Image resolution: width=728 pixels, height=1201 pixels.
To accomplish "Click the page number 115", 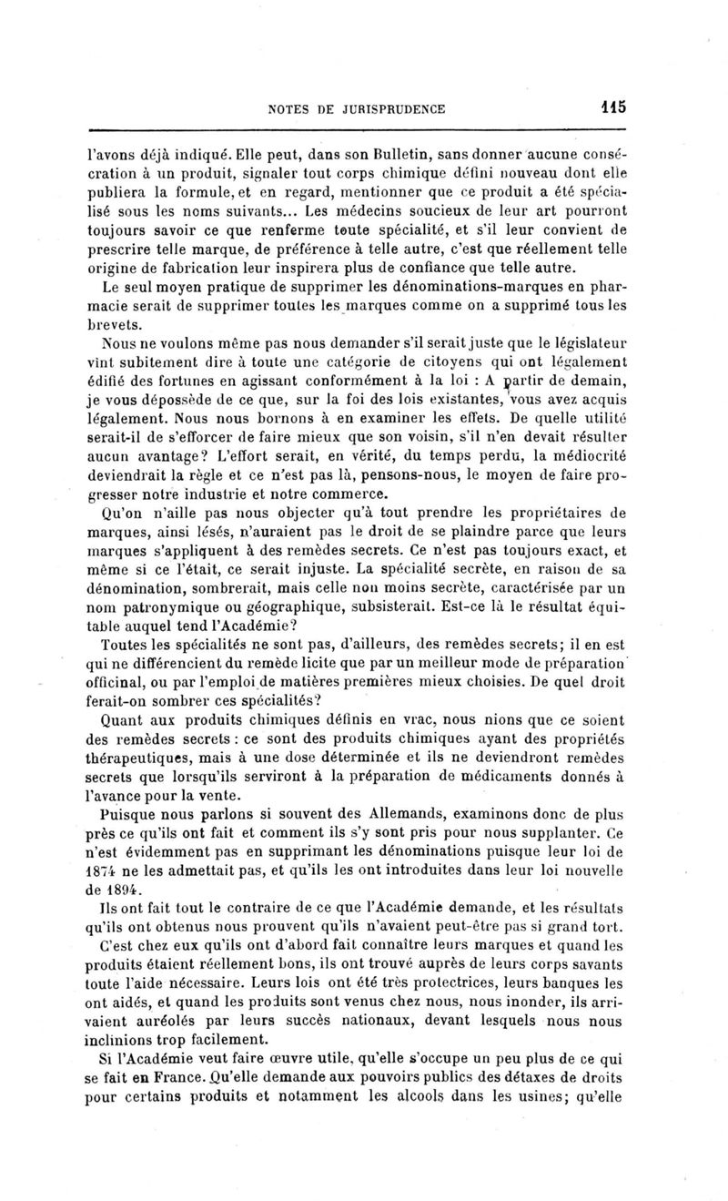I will coord(612,107).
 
